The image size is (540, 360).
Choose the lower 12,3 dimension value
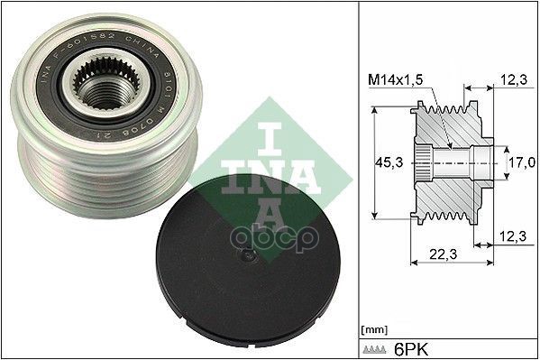click(x=513, y=236)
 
